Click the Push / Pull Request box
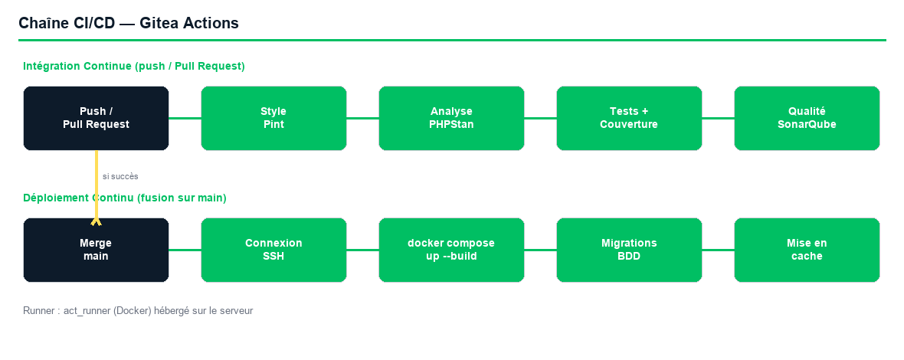(x=96, y=118)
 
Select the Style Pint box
(x=273, y=118)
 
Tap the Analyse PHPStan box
(x=451, y=118)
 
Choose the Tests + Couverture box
(x=629, y=118)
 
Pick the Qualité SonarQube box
(x=807, y=118)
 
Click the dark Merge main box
(x=96, y=250)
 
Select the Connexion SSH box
(x=273, y=250)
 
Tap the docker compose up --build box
(x=451, y=250)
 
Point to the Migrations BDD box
(x=629, y=250)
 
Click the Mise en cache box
(x=807, y=250)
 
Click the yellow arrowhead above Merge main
(x=97, y=222)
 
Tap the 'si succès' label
(x=120, y=176)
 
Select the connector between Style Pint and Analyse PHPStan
(x=362, y=118)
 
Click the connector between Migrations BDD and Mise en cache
(x=719, y=250)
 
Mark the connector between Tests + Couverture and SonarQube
(x=719, y=118)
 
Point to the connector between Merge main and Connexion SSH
(x=185, y=250)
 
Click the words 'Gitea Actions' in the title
(x=189, y=23)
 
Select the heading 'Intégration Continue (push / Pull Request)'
(x=134, y=66)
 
